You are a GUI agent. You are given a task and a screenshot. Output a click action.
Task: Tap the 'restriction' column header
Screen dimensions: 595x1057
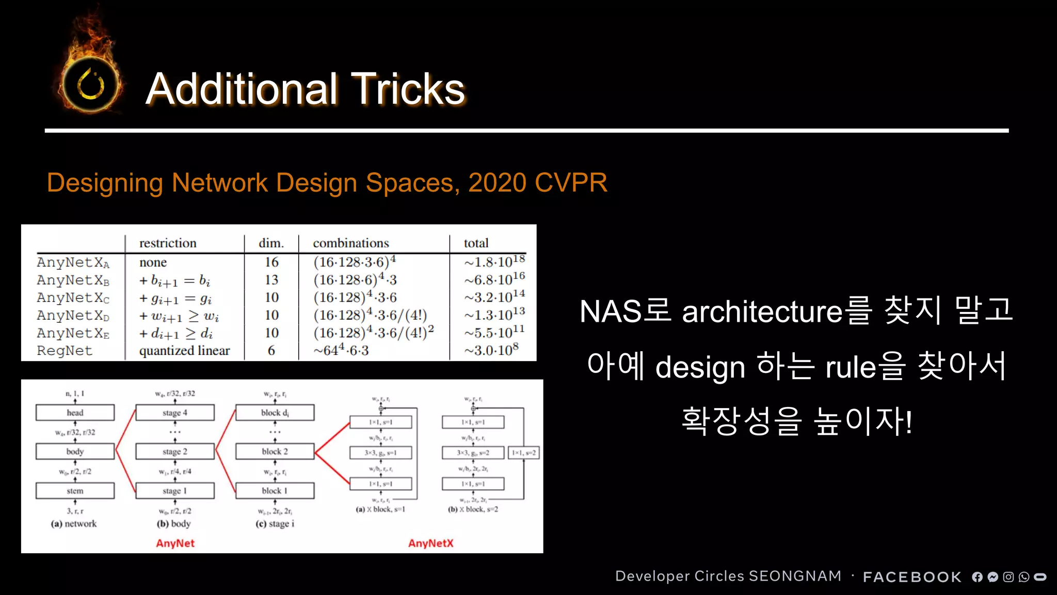point(168,243)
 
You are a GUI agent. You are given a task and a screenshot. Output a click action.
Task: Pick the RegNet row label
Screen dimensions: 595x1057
point(65,351)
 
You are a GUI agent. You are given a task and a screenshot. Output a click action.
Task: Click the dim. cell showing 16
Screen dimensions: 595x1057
point(271,262)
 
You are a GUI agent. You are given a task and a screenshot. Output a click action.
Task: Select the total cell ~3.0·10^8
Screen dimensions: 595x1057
point(491,350)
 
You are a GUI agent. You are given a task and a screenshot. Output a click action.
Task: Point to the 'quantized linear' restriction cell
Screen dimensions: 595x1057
point(184,351)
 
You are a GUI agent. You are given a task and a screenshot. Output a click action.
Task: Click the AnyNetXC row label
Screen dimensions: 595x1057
point(73,298)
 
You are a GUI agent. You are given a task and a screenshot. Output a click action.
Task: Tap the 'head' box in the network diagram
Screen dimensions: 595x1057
point(75,413)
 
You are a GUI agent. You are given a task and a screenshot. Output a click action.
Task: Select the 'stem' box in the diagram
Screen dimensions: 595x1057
point(75,491)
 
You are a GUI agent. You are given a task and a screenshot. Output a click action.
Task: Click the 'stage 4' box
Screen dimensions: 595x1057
point(175,413)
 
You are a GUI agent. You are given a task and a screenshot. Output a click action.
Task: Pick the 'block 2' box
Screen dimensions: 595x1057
point(275,451)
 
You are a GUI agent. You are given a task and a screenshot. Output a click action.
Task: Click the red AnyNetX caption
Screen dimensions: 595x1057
point(430,543)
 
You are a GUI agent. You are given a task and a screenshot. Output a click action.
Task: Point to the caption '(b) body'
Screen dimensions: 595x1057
point(174,524)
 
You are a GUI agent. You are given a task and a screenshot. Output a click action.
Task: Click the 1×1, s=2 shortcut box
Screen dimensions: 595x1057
point(524,453)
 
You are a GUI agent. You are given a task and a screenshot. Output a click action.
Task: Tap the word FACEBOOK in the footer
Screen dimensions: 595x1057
point(912,577)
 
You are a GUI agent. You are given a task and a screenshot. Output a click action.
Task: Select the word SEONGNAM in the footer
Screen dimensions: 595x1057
point(795,576)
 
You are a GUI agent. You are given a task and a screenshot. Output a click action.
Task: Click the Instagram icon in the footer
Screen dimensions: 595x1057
point(1008,577)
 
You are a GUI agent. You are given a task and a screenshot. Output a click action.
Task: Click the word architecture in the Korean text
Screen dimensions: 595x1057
point(762,312)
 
